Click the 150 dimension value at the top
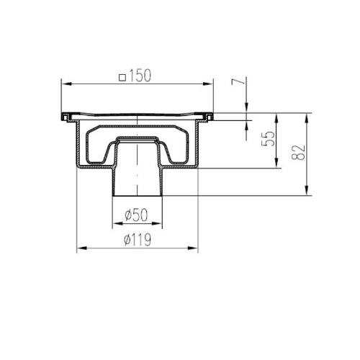[140, 76]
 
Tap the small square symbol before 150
[122, 78]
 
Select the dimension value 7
[238, 81]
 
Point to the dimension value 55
[268, 138]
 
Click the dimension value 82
[298, 153]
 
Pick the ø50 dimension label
[136, 215]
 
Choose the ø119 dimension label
[138, 239]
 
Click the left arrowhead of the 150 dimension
[66, 84]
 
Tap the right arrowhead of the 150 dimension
[208, 84]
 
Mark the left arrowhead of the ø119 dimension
[81, 248]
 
